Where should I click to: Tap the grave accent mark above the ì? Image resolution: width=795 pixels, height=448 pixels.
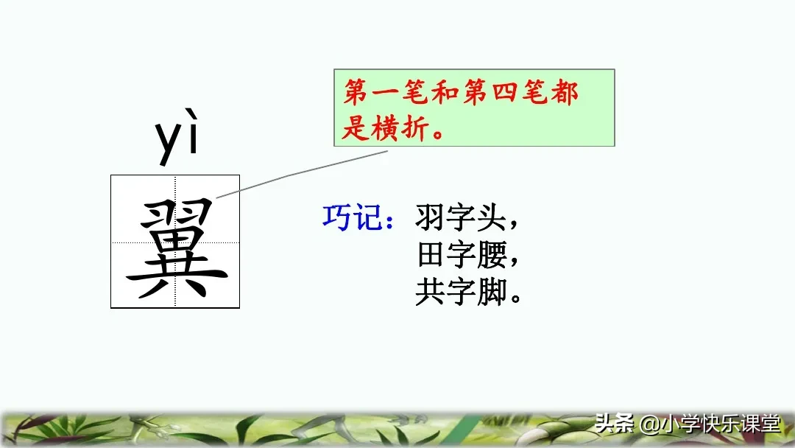193,120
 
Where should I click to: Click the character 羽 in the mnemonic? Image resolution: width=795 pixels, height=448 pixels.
430,218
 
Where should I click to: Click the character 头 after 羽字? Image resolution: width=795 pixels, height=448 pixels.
492,218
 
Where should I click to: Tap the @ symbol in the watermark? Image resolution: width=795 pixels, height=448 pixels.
648,426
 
